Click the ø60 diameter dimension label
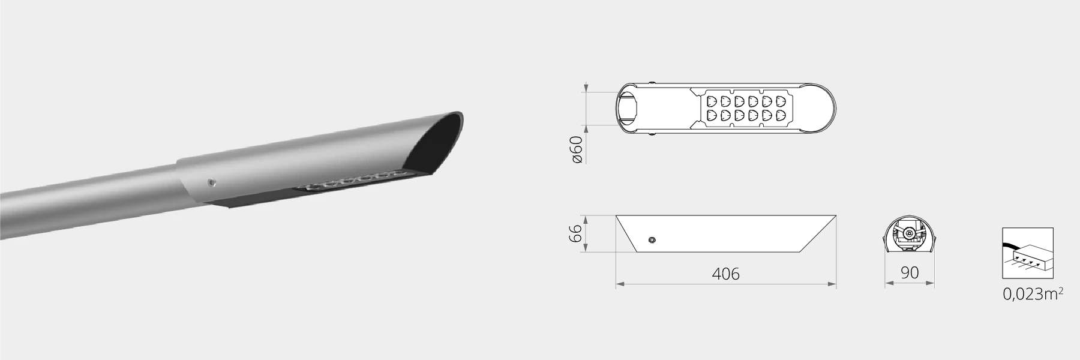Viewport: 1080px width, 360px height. click(x=577, y=149)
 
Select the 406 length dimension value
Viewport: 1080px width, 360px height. click(x=725, y=274)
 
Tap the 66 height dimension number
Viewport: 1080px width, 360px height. click(x=575, y=233)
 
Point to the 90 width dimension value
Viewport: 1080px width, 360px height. click(x=910, y=273)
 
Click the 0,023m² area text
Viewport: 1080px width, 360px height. click(x=1033, y=294)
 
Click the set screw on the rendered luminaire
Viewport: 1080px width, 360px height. click(x=211, y=181)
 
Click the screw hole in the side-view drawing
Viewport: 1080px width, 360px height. click(x=652, y=240)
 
